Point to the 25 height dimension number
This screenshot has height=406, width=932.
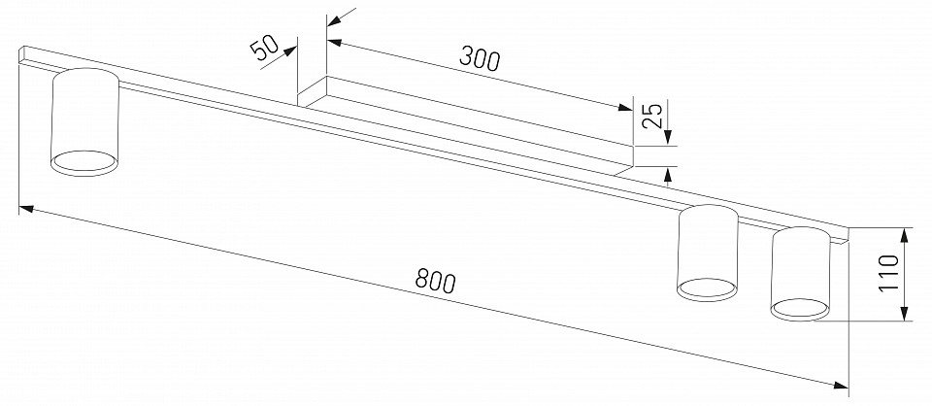click(x=652, y=118)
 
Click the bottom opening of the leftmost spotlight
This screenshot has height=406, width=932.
click(x=83, y=162)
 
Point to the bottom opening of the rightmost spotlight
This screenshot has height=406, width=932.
click(x=801, y=309)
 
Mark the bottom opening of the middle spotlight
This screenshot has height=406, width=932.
click(x=706, y=287)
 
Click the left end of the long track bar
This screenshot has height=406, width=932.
click(x=21, y=54)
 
